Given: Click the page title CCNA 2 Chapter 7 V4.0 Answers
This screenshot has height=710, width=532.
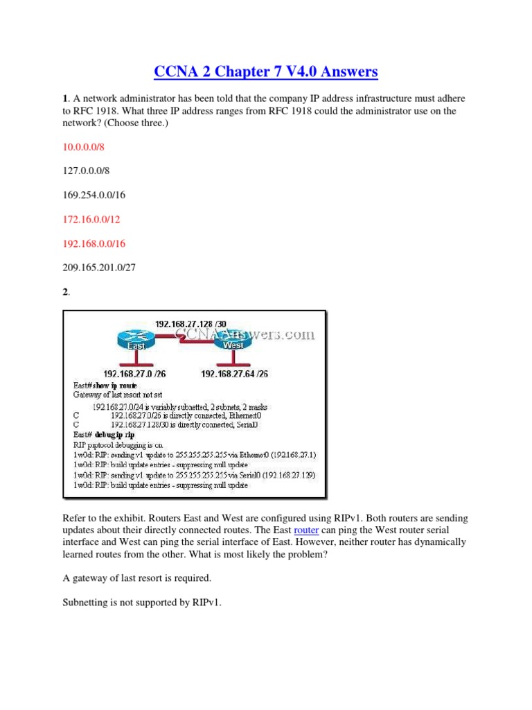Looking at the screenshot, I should coord(266,71).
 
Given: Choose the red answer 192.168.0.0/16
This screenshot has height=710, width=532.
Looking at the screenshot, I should coord(96,244).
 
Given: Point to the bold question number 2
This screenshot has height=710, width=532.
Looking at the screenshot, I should coord(66,293).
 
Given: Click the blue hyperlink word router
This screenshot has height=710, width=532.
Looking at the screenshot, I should coord(305,530).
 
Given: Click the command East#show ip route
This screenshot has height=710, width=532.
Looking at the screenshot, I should coord(105,385).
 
